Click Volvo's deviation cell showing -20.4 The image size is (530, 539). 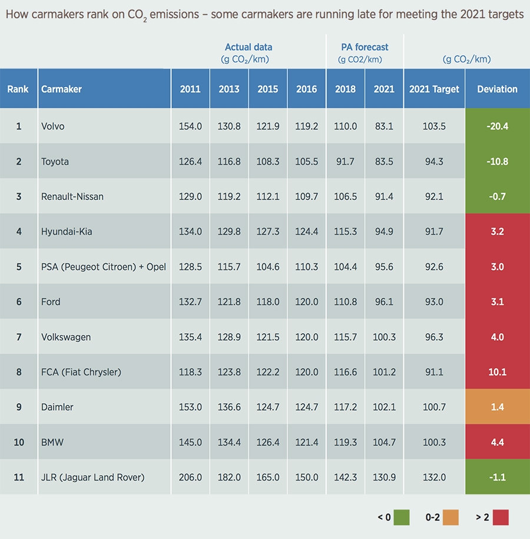[x=497, y=126]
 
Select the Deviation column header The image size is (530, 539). [x=497, y=89]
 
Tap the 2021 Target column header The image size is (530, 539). [x=434, y=89]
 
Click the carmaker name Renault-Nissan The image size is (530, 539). [x=72, y=197]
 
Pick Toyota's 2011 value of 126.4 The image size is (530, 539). [x=190, y=161]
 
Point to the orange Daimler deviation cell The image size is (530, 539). [x=497, y=407]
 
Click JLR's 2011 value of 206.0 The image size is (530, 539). [x=190, y=477]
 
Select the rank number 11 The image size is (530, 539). [x=19, y=477]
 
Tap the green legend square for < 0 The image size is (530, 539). [x=402, y=517]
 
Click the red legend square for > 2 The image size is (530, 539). [x=501, y=517]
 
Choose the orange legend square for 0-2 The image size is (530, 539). [x=451, y=517]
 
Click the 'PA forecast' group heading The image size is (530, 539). [x=365, y=47]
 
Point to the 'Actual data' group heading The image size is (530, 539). [x=249, y=47]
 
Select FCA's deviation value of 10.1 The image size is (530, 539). [x=497, y=372]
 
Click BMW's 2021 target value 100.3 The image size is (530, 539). [x=434, y=442]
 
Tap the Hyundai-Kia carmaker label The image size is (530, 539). [x=67, y=232]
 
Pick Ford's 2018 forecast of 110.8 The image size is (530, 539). [x=345, y=302]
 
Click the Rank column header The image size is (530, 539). [x=18, y=89]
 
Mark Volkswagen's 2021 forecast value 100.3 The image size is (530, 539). [x=384, y=337]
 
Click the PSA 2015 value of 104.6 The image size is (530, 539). [x=268, y=267]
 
